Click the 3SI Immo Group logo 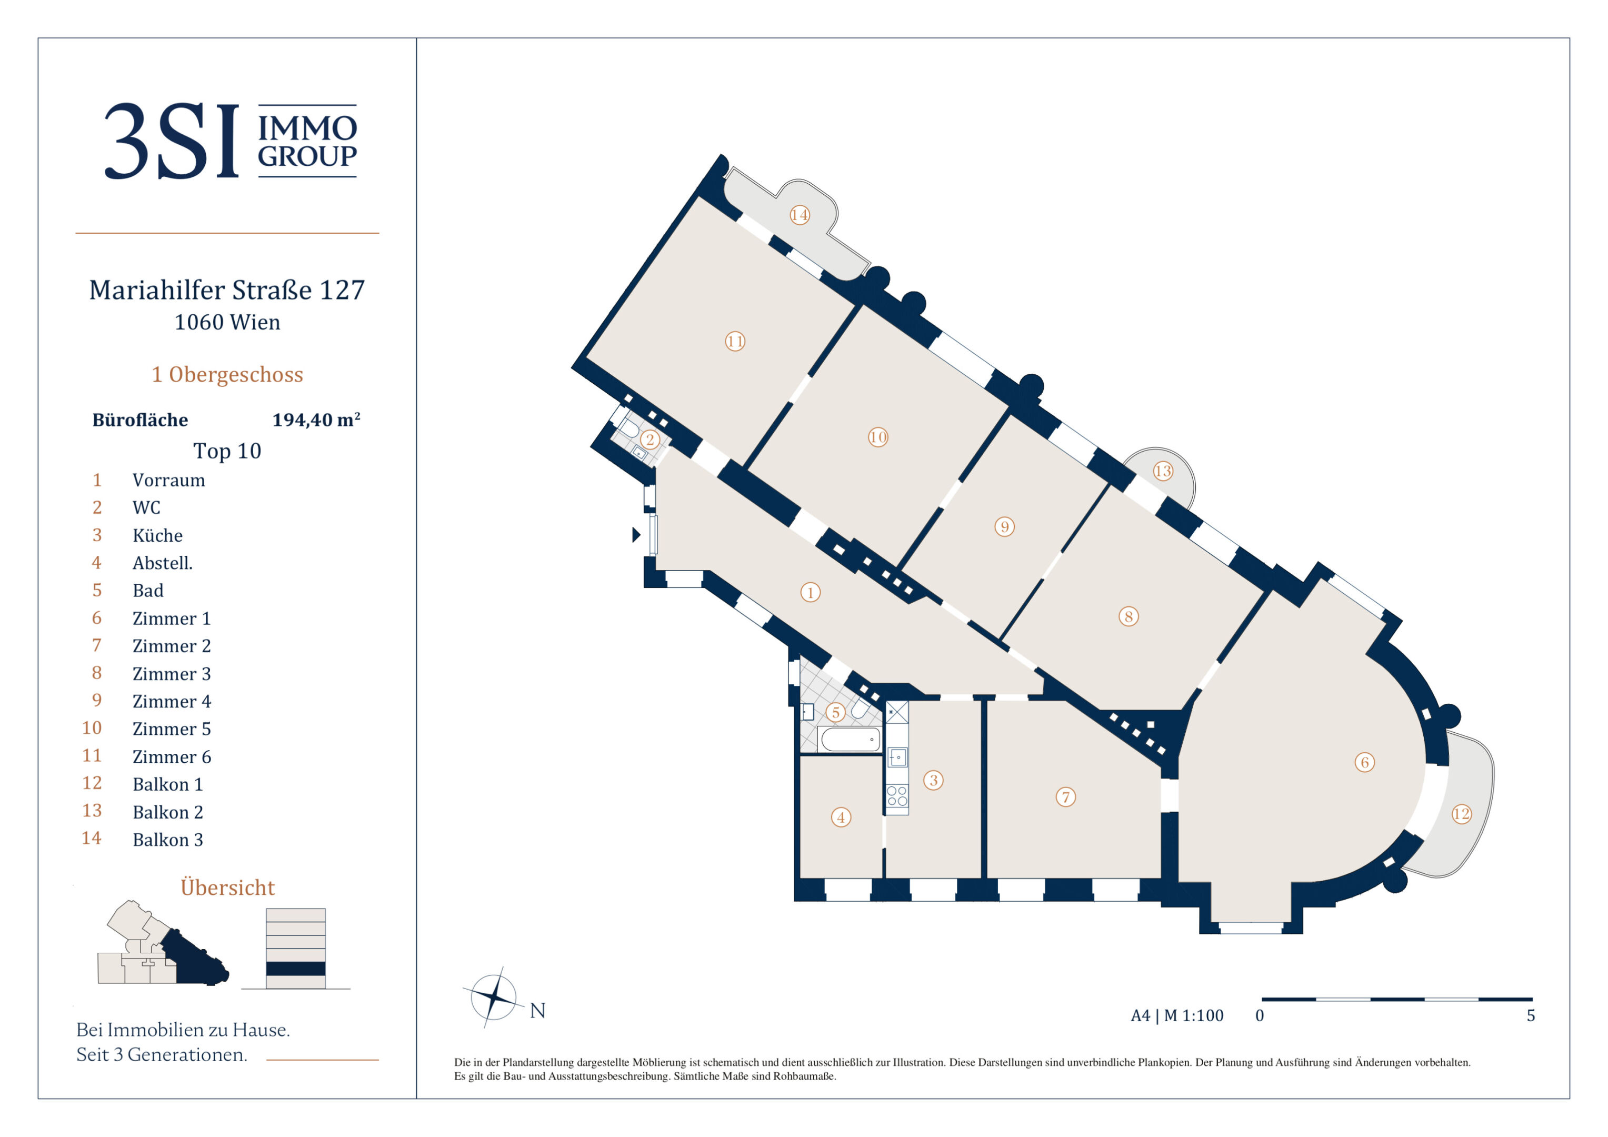[x=231, y=141]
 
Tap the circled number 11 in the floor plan [x=735, y=341]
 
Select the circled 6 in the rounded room [x=1364, y=762]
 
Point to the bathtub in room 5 [x=850, y=739]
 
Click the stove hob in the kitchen [x=897, y=796]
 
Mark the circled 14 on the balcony [x=800, y=215]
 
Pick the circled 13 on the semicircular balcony [x=1163, y=471]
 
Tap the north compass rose [x=494, y=997]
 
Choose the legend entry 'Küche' [x=157, y=535]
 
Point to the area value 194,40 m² [x=316, y=420]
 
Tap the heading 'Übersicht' [x=227, y=887]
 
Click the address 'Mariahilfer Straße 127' [x=227, y=290]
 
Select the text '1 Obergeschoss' [x=227, y=374]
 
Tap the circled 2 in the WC [x=650, y=439]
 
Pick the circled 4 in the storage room [x=841, y=817]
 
